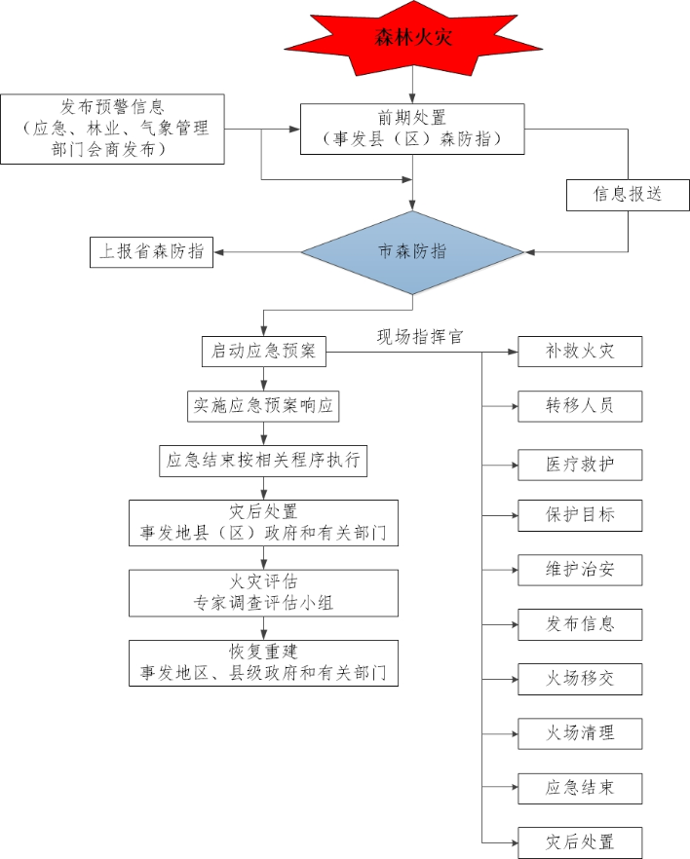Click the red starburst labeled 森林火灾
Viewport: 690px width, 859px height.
[414, 40]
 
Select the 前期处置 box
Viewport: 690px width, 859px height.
[413, 129]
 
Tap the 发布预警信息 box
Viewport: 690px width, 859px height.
[112, 129]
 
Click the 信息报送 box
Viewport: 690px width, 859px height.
[628, 194]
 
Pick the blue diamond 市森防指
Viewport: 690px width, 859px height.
[412, 251]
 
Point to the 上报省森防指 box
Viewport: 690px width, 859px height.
[151, 251]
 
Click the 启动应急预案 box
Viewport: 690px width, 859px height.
[263, 352]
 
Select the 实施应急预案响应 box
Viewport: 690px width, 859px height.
[263, 406]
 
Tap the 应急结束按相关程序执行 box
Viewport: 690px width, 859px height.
[263, 461]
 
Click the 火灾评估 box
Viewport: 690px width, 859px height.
[263, 592]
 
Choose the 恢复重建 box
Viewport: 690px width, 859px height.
[263, 662]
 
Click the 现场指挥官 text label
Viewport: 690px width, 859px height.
[420, 337]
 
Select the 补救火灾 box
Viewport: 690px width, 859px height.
[580, 352]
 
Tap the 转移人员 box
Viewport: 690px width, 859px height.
[580, 405]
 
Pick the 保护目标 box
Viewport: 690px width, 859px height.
[580, 515]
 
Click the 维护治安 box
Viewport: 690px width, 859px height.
[580, 569]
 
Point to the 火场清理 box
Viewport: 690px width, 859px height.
[580, 732]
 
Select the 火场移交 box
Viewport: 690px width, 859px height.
[580, 678]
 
